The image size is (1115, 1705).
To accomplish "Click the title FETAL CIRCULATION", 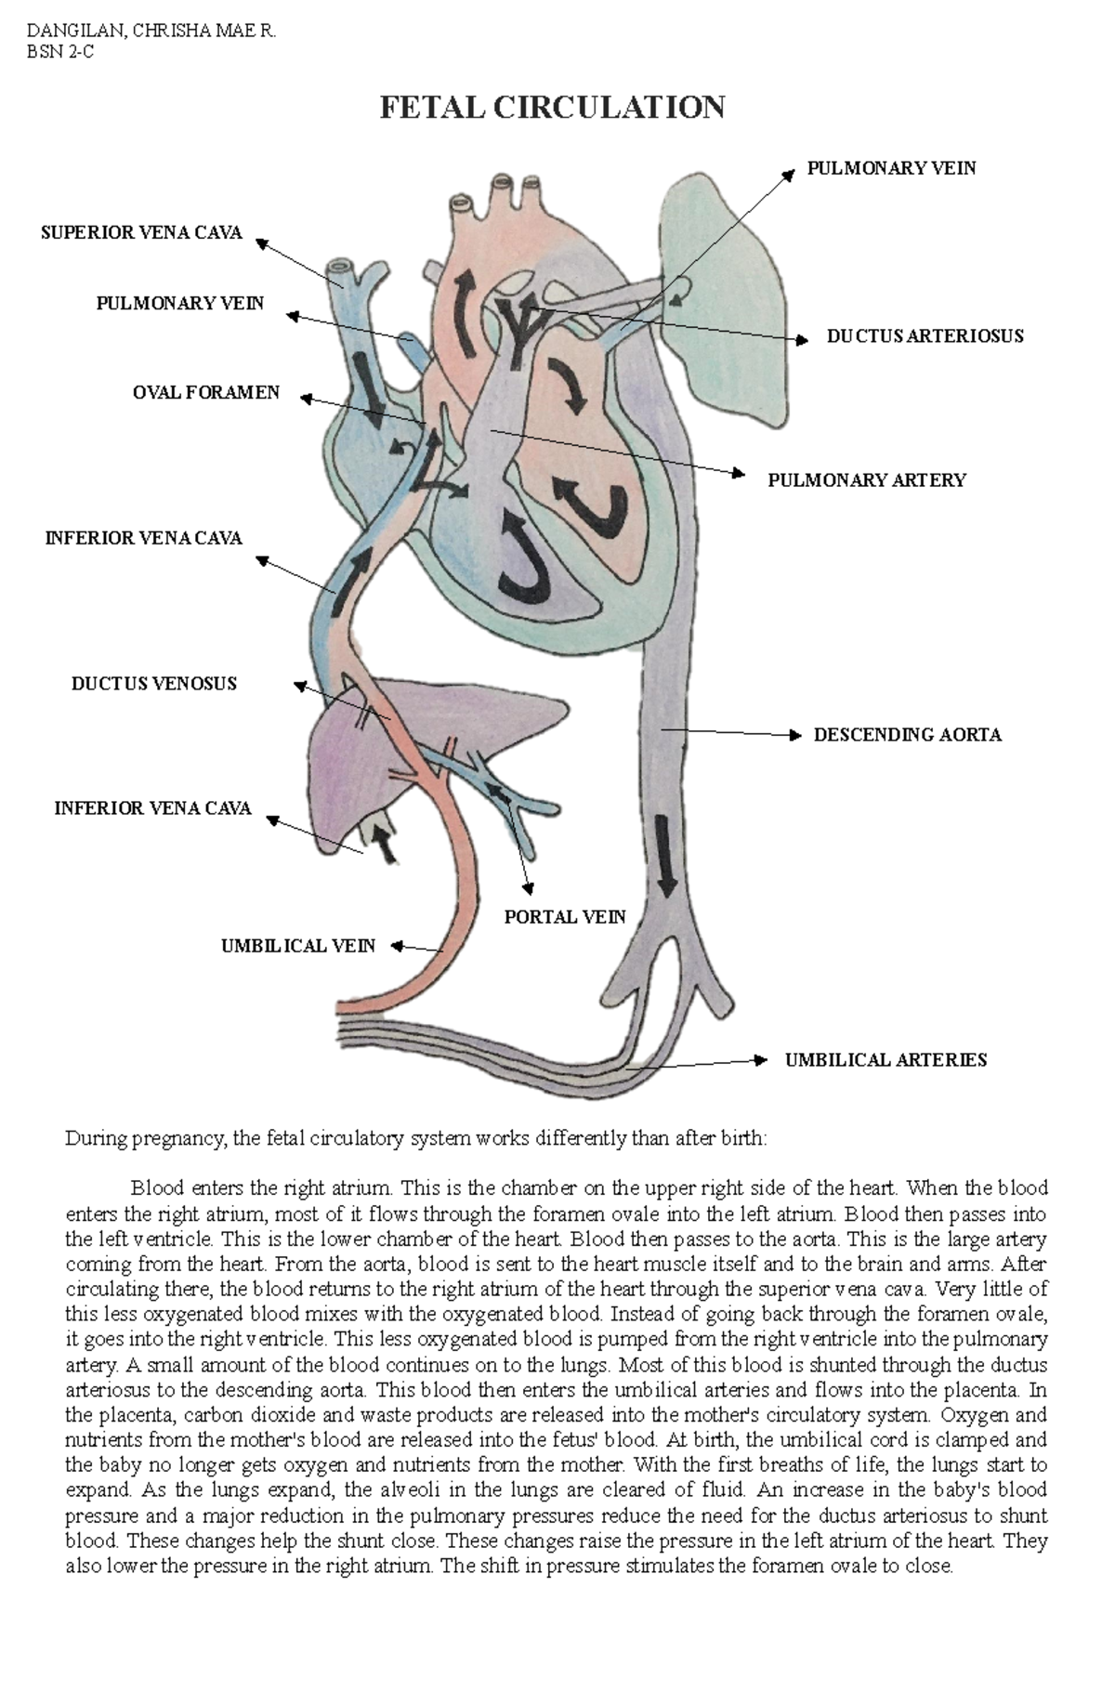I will point(552,108).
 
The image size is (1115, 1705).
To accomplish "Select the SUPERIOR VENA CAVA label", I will point(141,232).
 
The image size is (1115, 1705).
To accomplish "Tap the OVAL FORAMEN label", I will point(206,393).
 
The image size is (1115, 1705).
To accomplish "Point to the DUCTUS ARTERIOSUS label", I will point(925,336).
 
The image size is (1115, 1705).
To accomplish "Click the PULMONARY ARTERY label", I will point(866,480).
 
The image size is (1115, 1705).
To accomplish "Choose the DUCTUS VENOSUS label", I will point(154,684).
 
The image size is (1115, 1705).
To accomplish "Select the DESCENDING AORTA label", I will point(907,735).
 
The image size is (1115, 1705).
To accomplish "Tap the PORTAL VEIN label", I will point(565,917).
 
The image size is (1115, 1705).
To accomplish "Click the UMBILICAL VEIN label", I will point(298,946).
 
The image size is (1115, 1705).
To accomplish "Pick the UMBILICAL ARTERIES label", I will point(885,1060).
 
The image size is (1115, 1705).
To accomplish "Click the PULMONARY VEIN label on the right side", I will point(891,168).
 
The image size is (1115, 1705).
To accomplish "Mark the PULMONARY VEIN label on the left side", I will point(180,304).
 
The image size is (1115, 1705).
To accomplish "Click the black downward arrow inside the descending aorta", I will point(664,855).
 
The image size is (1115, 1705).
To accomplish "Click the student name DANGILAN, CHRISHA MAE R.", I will point(151,31).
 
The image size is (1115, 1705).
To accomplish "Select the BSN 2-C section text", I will point(60,52).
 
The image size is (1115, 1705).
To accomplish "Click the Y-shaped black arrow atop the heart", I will point(518,321).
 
